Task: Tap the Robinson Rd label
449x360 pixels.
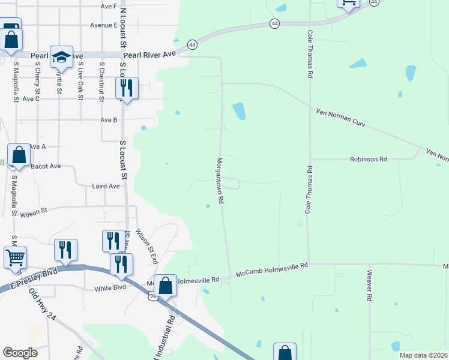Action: point(369,160)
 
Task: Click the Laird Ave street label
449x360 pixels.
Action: point(106,187)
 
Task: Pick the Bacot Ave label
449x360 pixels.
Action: point(46,166)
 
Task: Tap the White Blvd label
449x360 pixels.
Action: point(110,289)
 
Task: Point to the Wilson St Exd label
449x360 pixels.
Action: point(146,247)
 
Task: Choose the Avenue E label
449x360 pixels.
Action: point(103,25)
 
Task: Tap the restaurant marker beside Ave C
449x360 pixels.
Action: point(127,88)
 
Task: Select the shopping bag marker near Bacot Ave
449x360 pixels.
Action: point(19,155)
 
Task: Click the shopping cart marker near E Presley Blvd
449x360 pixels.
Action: point(16,257)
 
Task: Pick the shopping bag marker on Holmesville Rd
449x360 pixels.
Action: point(166,285)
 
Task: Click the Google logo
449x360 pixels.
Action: point(20,353)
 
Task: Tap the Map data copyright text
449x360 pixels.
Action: point(424,355)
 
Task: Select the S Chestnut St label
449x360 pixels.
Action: point(101,80)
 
